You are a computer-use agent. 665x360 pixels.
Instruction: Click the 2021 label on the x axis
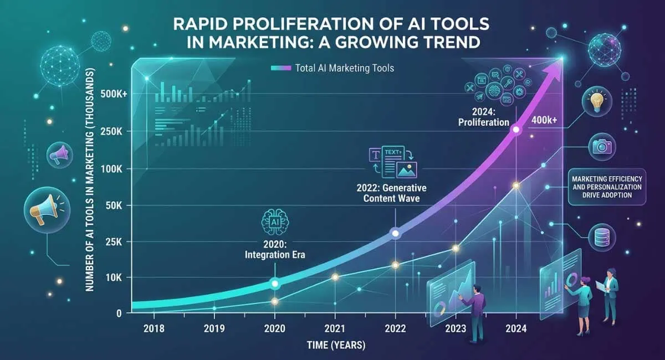click(335, 328)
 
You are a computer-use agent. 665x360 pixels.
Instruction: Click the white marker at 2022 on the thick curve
click(395, 234)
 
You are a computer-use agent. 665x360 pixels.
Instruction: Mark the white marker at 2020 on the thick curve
click(274, 284)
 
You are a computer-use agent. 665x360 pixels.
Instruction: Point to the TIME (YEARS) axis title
click(336, 345)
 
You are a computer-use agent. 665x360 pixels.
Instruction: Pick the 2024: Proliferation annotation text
click(487, 117)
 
